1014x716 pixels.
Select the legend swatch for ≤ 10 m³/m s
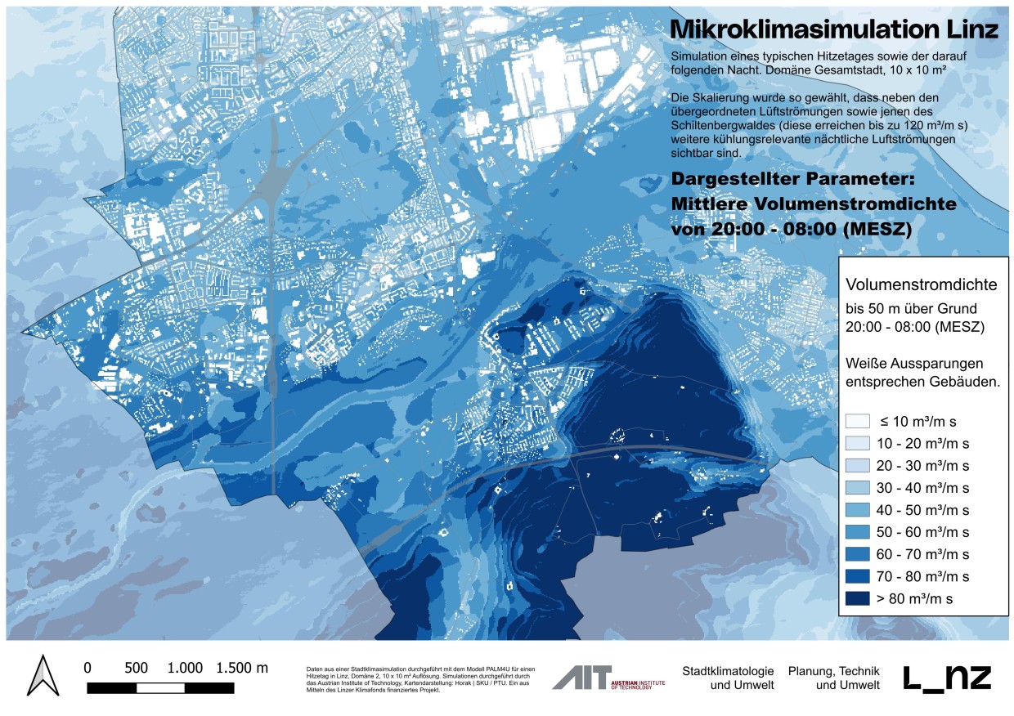pos(858,422)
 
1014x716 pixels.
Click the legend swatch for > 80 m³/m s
pos(858,598)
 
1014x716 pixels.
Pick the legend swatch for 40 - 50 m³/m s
pos(858,510)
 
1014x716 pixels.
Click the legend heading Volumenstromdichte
pos(922,285)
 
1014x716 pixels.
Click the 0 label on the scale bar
pos(87,667)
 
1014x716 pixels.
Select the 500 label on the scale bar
pos(137,667)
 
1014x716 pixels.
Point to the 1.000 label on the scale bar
pos(186,667)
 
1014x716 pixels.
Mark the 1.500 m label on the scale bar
pos(241,667)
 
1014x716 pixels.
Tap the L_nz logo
pos(947,678)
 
